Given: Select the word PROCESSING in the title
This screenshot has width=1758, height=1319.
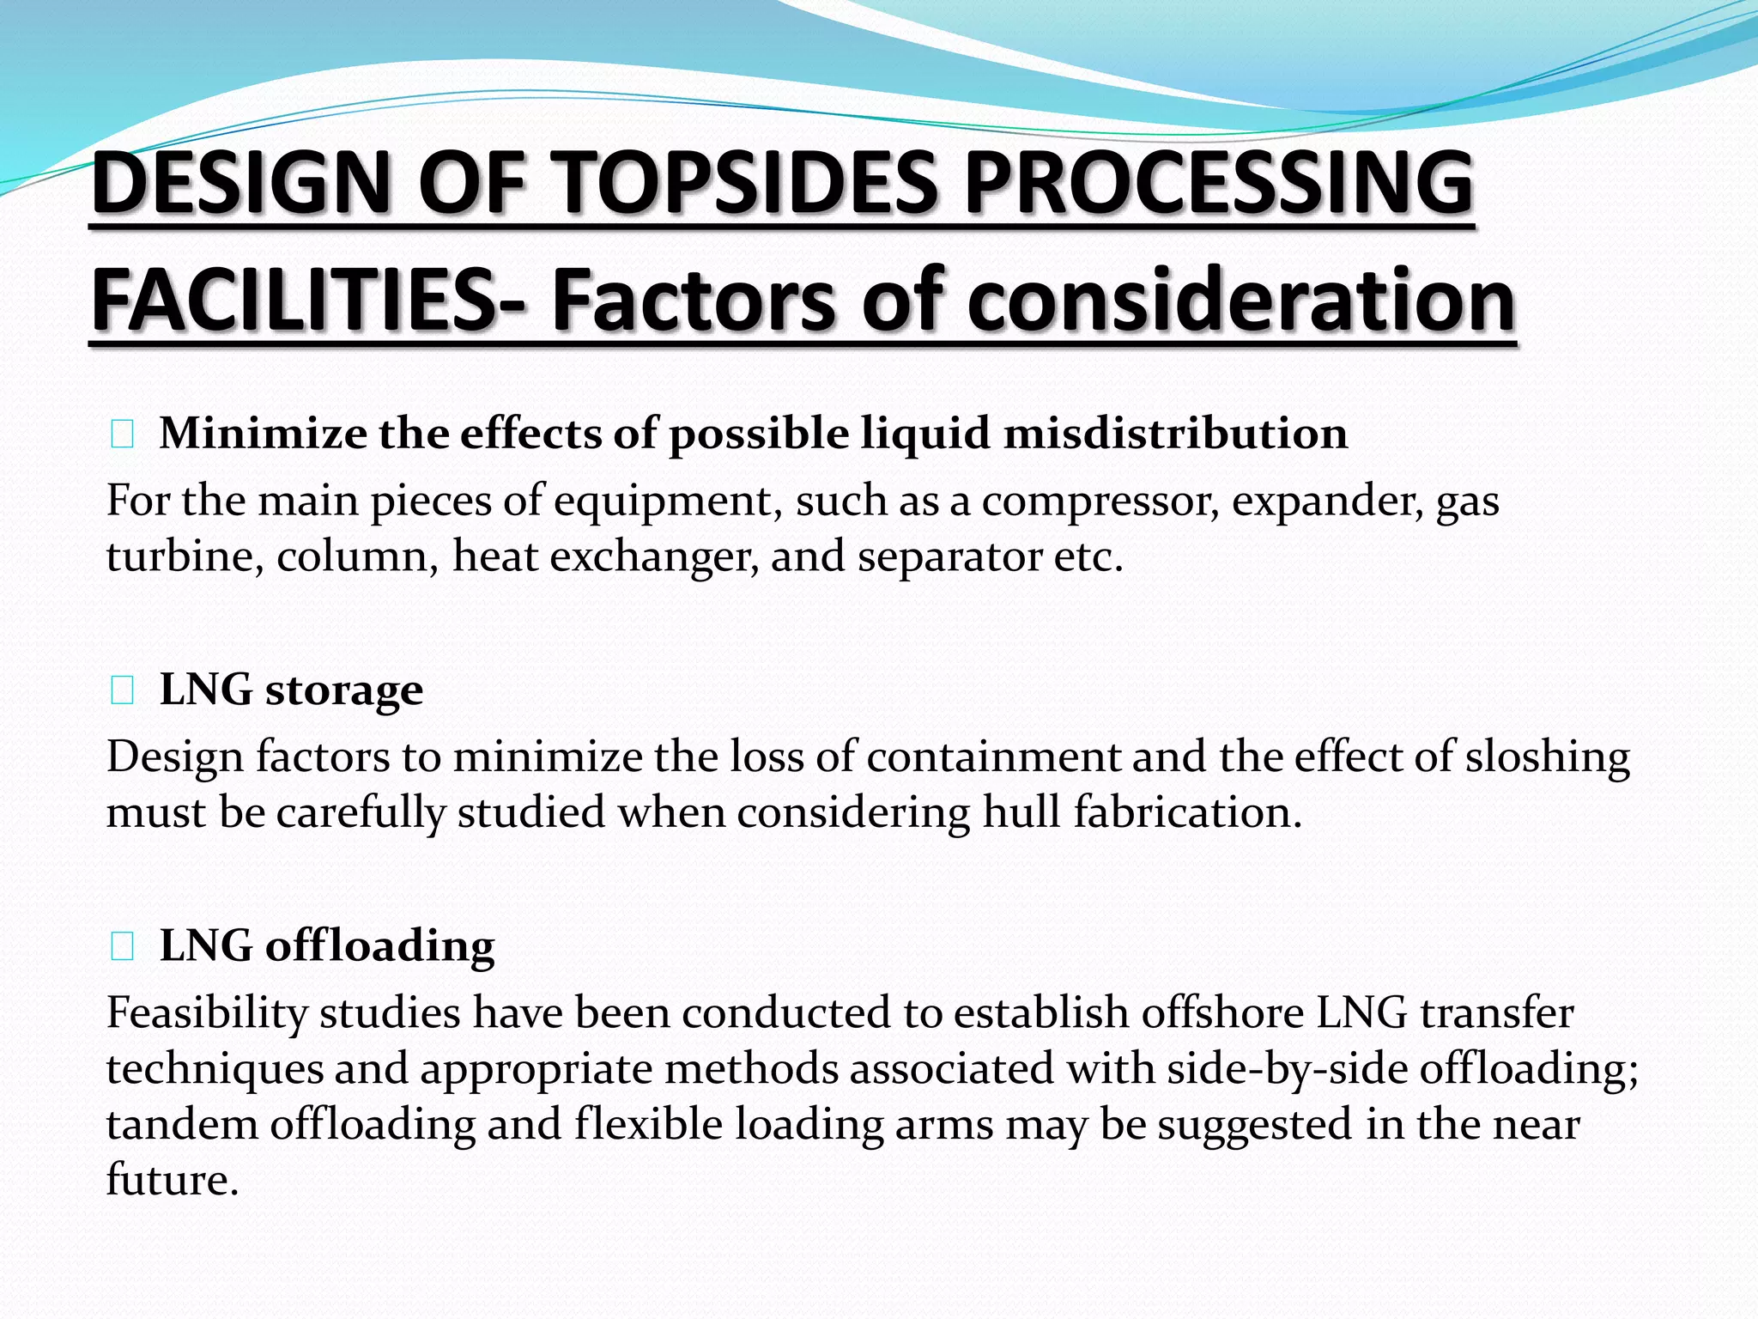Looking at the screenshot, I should pyautogui.click(x=1218, y=182).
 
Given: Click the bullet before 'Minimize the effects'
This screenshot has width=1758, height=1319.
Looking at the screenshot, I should pyautogui.click(x=122, y=435).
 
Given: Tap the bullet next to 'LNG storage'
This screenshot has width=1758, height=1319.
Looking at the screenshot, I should pyautogui.click(x=122, y=690).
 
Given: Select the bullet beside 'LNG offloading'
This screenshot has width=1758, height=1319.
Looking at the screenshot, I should pyautogui.click(x=122, y=946).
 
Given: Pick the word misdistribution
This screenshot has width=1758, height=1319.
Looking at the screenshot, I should pyautogui.click(x=1175, y=433).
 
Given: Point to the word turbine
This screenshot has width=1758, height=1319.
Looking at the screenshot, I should pyautogui.click(x=185, y=556).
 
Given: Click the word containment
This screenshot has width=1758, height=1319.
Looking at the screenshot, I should pyautogui.click(x=993, y=757).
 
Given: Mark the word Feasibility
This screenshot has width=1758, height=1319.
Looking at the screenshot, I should pyautogui.click(x=207, y=1013).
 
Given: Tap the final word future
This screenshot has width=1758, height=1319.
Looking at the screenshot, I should pyautogui.click(x=171, y=1180).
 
